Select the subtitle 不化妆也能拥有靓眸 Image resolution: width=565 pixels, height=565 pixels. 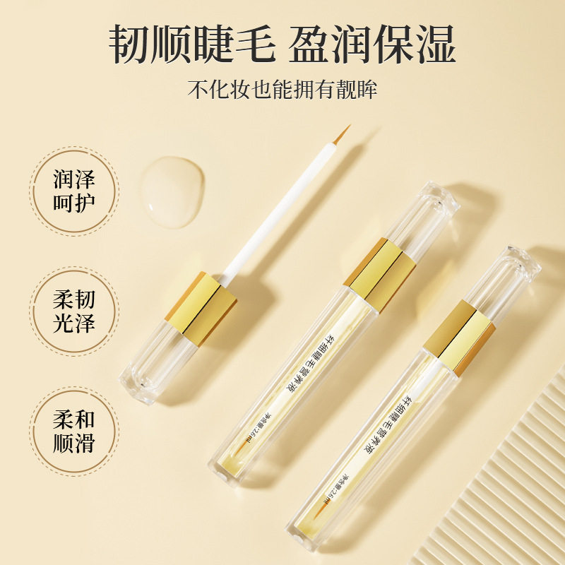(282, 90)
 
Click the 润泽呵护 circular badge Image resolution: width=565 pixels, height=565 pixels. (74, 190)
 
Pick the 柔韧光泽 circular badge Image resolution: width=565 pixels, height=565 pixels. (74, 311)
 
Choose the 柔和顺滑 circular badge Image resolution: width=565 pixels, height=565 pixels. (74, 432)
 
